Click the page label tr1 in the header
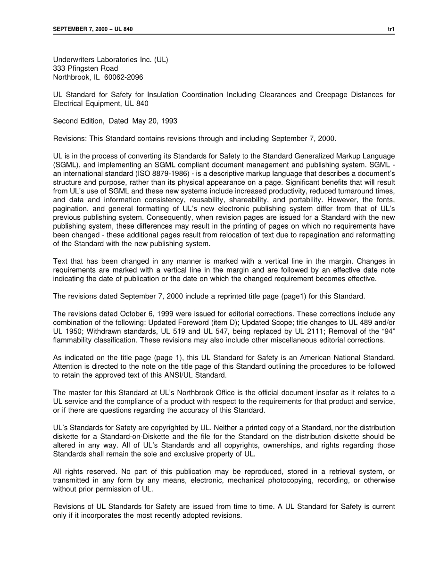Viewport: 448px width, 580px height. click(391, 29)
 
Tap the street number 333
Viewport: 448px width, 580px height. click(59, 68)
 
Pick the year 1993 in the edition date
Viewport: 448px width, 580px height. click(169, 121)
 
